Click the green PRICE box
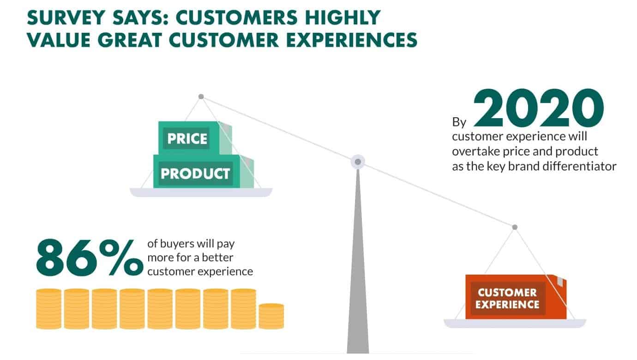point(195,138)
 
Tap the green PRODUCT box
point(203,172)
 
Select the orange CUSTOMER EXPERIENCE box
point(516,297)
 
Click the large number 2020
point(538,108)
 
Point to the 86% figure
point(90,258)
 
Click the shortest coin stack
point(271,316)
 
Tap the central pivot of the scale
point(358,162)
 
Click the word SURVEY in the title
point(66,18)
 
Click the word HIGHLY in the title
point(343,18)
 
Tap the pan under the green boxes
point(201,192)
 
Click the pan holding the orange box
point(515,324)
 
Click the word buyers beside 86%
point(177,244)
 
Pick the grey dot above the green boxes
point(201,96)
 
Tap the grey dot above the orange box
point(515,227)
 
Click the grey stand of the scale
point(358,262)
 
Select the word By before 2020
point(459,122)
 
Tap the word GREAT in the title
point(130,40)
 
